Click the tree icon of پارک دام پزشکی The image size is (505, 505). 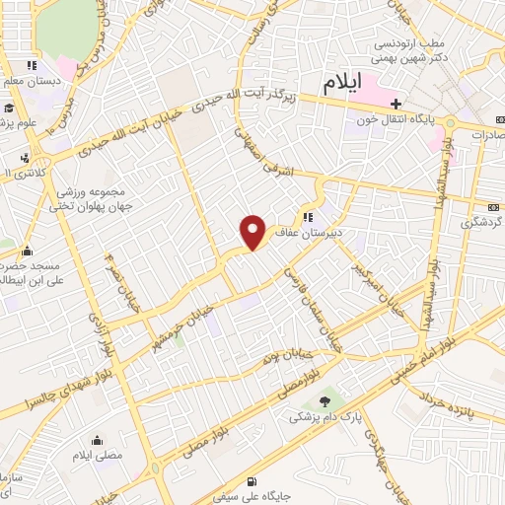pyautogui.click(x=325, y=399)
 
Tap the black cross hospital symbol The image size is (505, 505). pyautogui.click(x=396, y=104)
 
